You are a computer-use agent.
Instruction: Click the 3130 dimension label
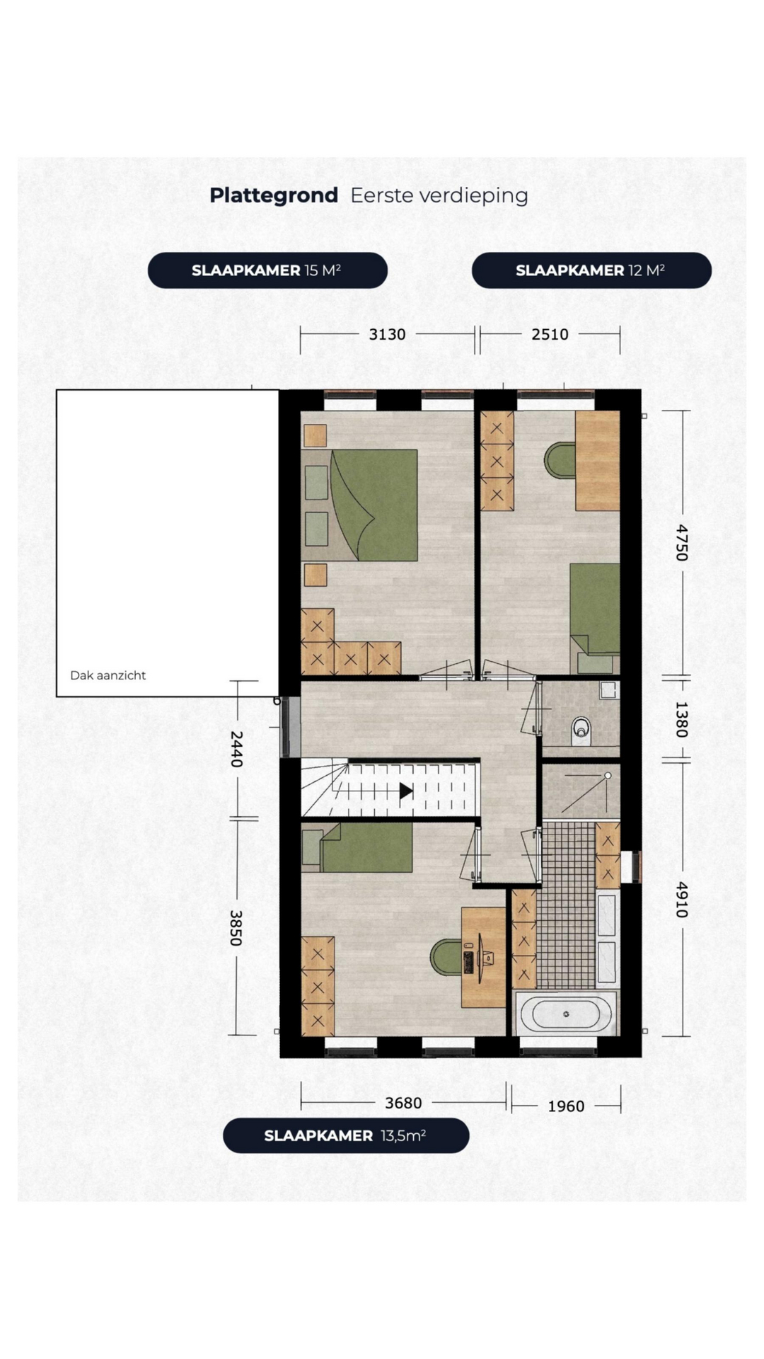387,334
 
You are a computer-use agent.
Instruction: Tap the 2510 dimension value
550,334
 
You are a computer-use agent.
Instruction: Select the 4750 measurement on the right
681,543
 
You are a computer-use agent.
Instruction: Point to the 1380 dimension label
681,719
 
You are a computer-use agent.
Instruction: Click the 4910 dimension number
681,900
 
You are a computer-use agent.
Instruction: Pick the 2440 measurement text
237,749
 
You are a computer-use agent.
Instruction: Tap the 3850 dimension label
237,928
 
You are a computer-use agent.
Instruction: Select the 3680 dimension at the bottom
403,1103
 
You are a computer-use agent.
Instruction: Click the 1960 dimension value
566,1106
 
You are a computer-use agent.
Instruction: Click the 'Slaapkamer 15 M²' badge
267,270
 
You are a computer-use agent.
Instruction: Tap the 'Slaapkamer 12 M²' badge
591,270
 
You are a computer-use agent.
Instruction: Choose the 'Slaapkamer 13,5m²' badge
346,1135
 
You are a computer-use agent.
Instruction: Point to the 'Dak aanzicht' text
108,675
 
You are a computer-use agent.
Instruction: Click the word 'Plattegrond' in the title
274,195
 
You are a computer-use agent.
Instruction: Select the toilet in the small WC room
581,731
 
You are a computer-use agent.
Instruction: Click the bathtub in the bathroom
566,1014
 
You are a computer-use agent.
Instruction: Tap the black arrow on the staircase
406,791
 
